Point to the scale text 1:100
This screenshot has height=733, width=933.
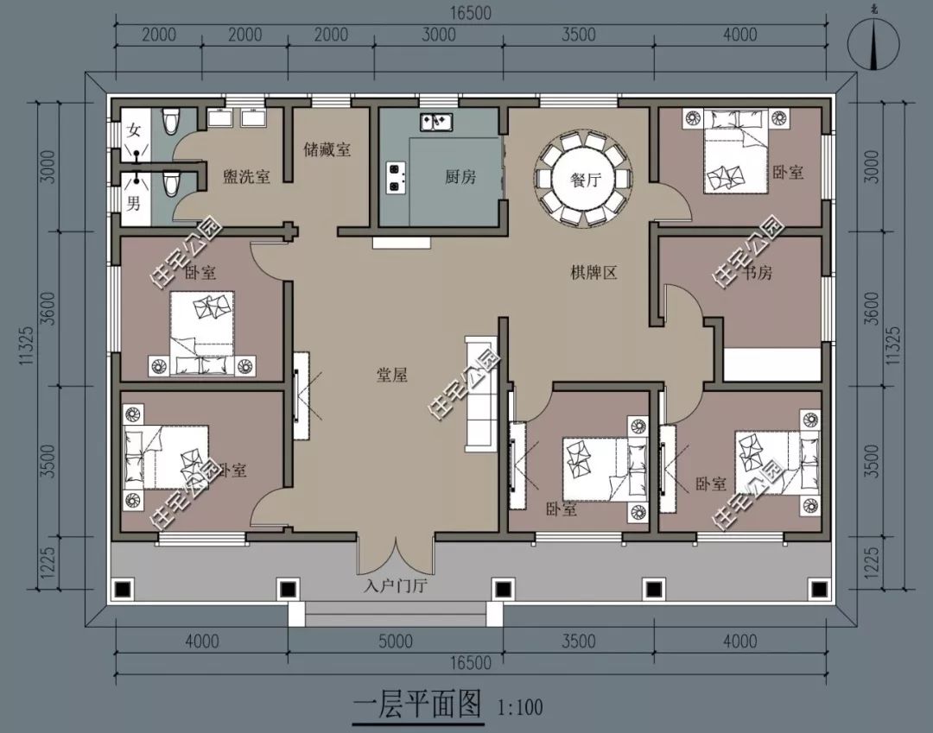pyautogui.click(x=521, y=708)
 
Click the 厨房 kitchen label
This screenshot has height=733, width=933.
pyautogui.click(x=460, y=177)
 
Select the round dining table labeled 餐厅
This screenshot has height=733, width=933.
pyautogui.click(x=585, y=180)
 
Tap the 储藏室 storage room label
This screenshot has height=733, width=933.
pyautogui.click(x=327, y=149)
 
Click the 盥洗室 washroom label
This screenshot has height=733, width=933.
pyautogui.click(x=246, y=176)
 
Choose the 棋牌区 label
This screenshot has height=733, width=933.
pyautogui.click(x=593, y=274)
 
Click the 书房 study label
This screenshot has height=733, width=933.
pyautogui.click(x=756, y=274)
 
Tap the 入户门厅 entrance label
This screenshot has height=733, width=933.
pyautogui.click(x=396, y=587)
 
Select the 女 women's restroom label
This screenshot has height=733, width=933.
pyautogui.click(x=134, y=131)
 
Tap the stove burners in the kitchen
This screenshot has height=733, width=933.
pyautogui.click(x=396, y=176)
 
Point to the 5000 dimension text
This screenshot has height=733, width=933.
pyautogui.click(x=396, y=641)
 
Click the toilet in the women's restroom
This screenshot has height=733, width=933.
pyautogui.click(x=170, y=121)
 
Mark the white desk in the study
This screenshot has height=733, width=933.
pyautogui.click(x=771, y=363)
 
